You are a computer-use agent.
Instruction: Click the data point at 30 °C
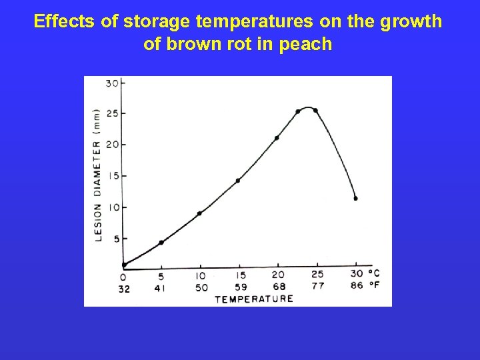355,198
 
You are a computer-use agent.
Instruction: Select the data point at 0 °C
124,265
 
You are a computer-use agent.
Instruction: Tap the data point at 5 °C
161,242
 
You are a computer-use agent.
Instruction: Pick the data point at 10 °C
199,213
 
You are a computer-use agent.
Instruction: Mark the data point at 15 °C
238,180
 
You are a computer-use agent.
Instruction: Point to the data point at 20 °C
277,138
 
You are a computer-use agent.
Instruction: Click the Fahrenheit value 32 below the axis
124,289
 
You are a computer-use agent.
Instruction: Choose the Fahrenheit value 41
161,288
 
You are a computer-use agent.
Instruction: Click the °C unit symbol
374,273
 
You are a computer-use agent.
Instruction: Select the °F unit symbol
374,285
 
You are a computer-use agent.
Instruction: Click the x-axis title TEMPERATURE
254,299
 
